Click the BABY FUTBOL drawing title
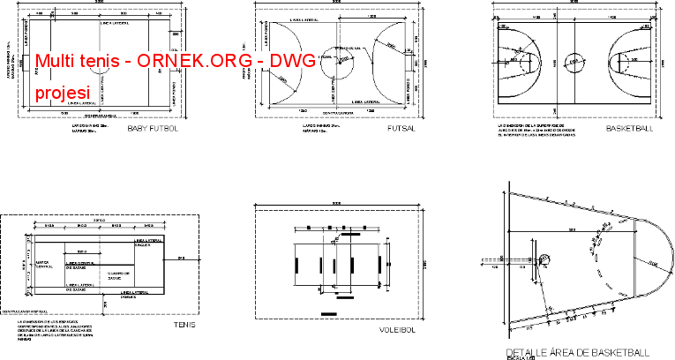point(153,129)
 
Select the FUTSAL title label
point(401,129)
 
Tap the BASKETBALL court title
point(629,129)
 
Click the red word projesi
point(62,93)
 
